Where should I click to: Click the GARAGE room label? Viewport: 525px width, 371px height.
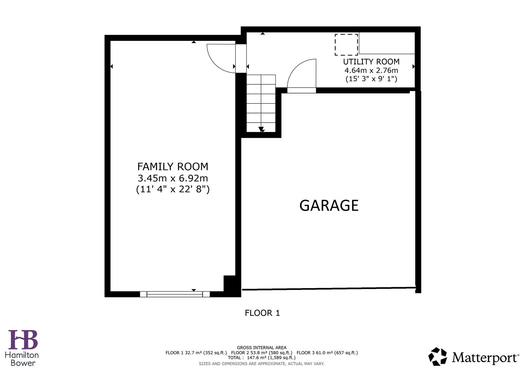point(329,205)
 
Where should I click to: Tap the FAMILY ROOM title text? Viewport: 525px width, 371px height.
point(173,167)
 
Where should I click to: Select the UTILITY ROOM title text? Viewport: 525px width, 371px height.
point(371,62)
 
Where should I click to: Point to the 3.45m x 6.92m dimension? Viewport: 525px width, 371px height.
point(173,178)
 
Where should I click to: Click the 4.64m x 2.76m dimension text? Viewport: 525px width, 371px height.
point(371,70)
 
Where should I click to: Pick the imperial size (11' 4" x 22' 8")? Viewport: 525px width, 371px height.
point(173,189)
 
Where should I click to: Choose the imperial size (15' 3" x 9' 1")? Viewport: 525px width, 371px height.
point(371,79)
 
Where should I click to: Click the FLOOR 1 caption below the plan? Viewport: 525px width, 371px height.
point(262,313)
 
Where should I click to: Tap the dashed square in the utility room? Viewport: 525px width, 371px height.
point(346,45)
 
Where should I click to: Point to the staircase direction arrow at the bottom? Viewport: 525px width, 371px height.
point(261,130)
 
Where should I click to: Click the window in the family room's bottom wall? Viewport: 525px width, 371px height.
point(175,294)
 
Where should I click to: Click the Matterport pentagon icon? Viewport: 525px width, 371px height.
point(437,357)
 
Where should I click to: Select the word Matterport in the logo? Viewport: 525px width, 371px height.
point(485,358)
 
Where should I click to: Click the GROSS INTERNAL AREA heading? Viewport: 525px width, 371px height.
point(262,348)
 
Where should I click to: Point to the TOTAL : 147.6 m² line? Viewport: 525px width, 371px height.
point(262,358)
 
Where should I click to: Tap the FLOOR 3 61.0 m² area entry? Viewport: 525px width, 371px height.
point(327,352)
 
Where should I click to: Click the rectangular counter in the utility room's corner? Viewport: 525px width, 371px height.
point(387,43)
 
